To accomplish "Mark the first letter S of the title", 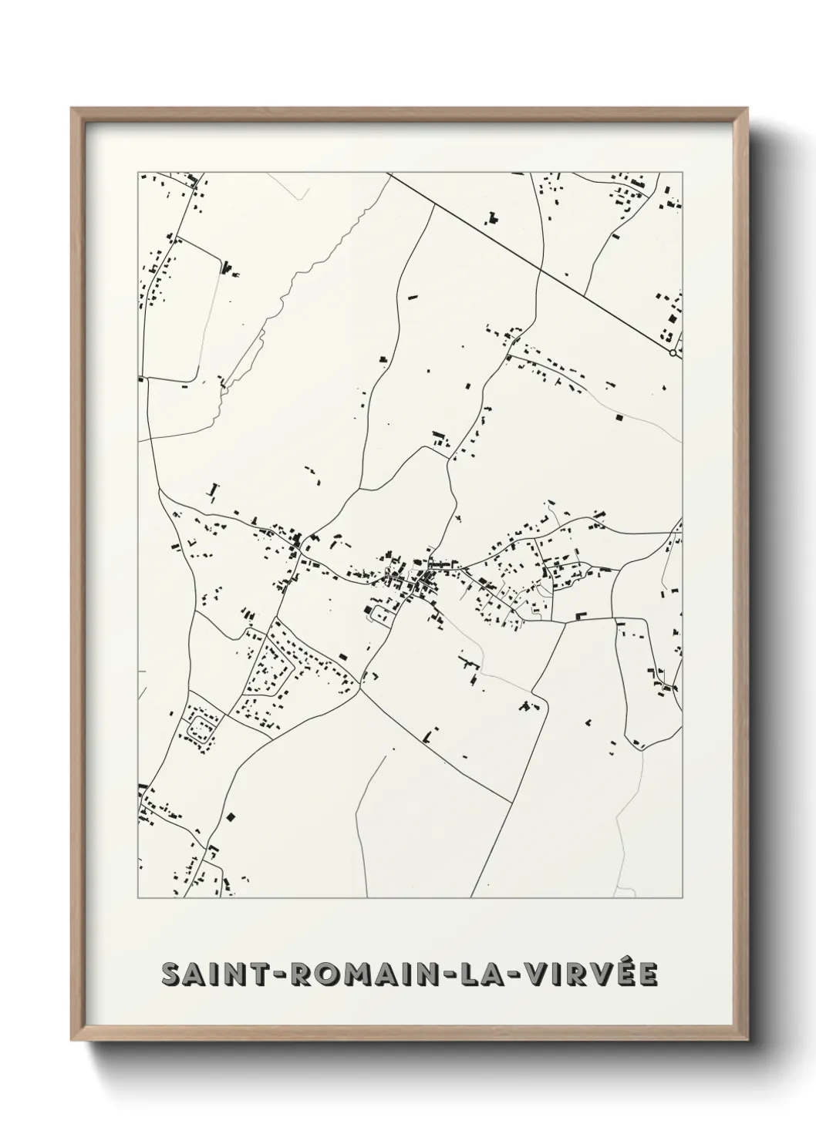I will pos(171,974).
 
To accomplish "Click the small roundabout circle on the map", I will pos(673,353).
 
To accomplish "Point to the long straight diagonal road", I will pos(532,264).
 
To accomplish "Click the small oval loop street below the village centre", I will pos(381,614).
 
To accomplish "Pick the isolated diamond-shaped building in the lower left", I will pos(230,816).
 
